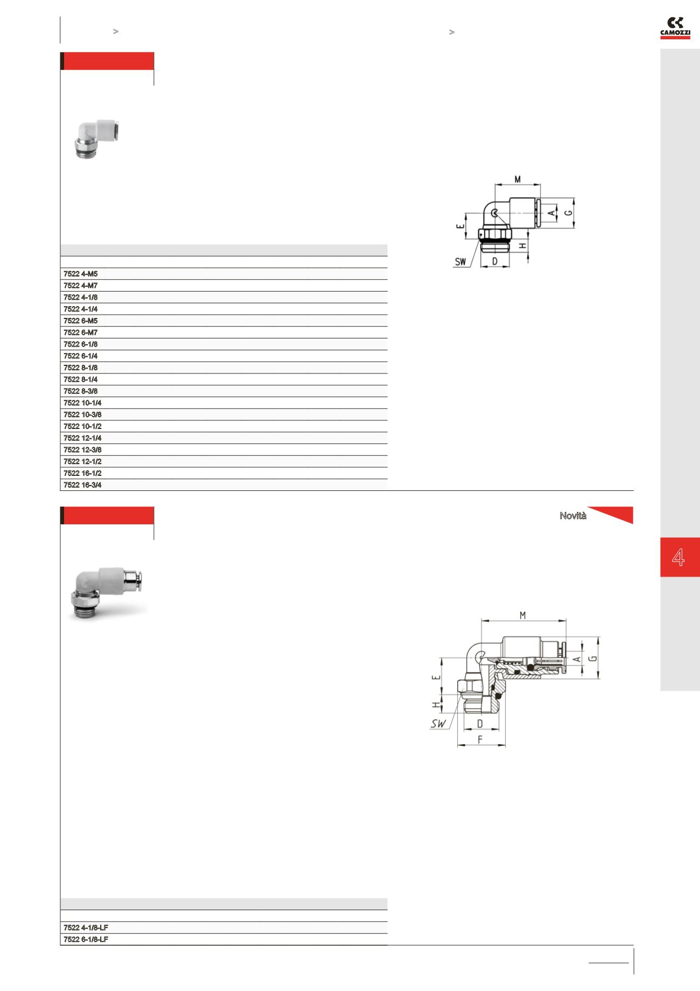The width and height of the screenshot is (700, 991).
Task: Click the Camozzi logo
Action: [x=675, y=28]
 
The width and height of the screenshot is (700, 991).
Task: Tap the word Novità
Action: [x=573, y=516]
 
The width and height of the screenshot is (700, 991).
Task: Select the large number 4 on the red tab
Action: [x=678, y=557]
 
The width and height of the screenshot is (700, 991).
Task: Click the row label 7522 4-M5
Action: [x=81, y=274]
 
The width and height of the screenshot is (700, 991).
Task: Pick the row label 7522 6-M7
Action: [x=81, y=332]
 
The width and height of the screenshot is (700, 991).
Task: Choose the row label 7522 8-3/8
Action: [x=81, y=391]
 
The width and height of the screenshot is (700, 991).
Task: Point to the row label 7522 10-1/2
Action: [x=82, y=426]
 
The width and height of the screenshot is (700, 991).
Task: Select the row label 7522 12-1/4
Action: [x=82, y=438]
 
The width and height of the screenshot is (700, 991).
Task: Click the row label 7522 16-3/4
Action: [x=82, y=485]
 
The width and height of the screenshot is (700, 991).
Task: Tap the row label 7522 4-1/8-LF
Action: [x=86, y=927]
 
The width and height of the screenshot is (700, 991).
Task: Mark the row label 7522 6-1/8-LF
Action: [x=86, y=939]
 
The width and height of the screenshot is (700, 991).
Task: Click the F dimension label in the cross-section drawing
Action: [x=480, y=740]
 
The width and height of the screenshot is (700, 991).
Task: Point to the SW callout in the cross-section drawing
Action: [x=439, y=724]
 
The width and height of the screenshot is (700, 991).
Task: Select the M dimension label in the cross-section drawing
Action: [x=522, y=615]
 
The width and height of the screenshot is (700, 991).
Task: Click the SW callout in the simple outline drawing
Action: [x=460, y=262]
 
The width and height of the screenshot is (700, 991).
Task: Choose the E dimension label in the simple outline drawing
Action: [x=460, y=227]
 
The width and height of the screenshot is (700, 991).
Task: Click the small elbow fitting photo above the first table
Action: [x=97, y=140]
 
